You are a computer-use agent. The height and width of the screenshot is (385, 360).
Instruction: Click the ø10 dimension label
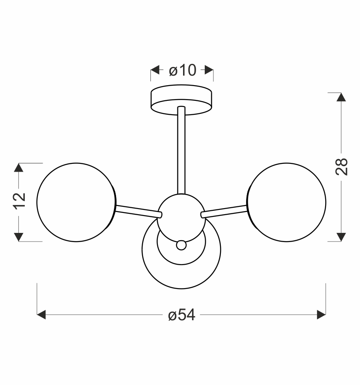pos(182,70)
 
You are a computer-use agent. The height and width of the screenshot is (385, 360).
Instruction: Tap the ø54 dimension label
pos(182,315)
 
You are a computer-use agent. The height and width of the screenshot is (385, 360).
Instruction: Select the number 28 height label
pos(342,166)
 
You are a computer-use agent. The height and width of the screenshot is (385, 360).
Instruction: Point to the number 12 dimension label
pos(19,201)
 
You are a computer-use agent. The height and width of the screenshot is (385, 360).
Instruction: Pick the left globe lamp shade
pos(76,202)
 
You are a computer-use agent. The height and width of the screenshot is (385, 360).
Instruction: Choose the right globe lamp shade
pos(287,202)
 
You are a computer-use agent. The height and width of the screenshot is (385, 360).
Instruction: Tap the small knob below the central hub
pos(181,246)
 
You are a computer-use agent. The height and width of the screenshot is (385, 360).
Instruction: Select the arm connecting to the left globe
pos(137,210)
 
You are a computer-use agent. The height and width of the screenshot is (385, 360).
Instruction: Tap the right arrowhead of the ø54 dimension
pos(321,315)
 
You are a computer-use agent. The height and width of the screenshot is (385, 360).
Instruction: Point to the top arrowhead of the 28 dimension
pos(342,97)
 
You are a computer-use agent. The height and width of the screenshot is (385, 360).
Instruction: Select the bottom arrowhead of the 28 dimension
pos(342,236)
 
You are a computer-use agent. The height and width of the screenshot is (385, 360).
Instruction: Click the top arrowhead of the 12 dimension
pos(19,168)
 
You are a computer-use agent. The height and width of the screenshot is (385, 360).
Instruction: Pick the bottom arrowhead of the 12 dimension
pos(19,236)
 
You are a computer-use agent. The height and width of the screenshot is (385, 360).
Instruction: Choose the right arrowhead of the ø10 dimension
pos(209,70)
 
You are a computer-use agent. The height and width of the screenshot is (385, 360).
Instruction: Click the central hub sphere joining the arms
pos(181,215)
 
